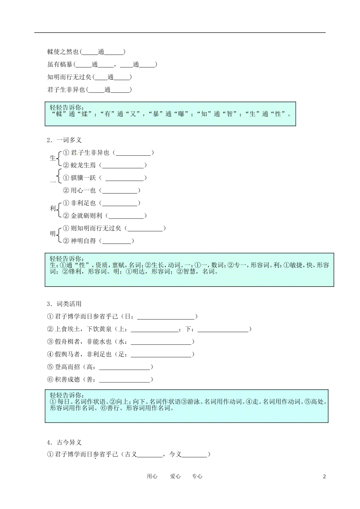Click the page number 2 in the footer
(324, 476)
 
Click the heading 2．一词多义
(64, 140)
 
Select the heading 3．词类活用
(64, 304)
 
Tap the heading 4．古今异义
(64, 442)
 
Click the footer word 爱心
(175, 476)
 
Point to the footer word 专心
(197, 476)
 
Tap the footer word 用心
(152, 476)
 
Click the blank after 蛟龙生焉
(123, 166)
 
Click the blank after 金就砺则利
(126, 216)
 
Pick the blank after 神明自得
(116, 241)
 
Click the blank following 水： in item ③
(161, 342)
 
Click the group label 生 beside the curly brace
(53, 158)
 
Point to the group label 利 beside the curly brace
(53, 209)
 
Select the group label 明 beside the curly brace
(53, 234)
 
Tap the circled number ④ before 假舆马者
(50, 354)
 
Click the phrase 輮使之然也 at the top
(63, 52)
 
